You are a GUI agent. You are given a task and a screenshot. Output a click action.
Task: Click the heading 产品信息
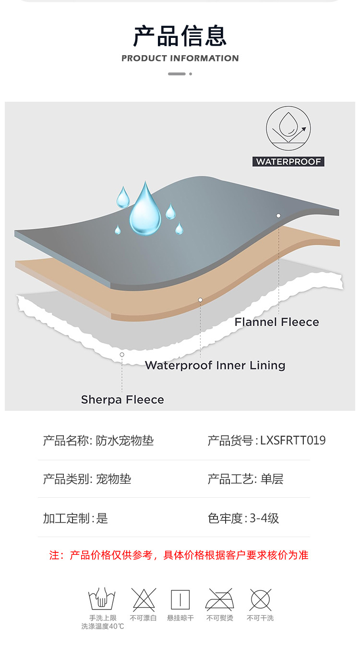coord(180,36)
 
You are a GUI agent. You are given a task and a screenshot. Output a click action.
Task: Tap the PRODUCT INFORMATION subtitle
coord(180,59)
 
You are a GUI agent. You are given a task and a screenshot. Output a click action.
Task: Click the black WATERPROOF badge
coord(288,162)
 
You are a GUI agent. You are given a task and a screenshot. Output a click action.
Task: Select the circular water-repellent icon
coord(288,129)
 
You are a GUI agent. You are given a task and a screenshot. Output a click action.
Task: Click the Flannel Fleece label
coord(276,322)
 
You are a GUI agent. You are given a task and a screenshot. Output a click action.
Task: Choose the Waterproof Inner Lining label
coord(215,365)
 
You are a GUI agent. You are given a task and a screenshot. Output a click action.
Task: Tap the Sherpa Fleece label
coord(122,400)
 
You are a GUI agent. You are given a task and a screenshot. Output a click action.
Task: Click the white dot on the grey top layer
coord(278,216)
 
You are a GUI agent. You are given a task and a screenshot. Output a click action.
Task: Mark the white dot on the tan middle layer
coord(200,300)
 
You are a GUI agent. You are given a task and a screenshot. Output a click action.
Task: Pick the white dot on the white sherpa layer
coord(122,355)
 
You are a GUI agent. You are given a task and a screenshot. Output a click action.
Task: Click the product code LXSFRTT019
coord(293,441)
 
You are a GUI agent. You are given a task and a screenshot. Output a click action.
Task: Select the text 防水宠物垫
coord(124,441)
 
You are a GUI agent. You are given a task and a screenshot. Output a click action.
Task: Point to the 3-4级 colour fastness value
coord(264,518)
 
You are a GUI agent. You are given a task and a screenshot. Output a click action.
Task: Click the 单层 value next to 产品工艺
coord(272,479)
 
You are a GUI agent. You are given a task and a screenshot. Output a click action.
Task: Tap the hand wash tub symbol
coord(102,599)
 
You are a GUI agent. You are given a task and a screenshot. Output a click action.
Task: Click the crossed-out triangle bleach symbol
coord(144,599)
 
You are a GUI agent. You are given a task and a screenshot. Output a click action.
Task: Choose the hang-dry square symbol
coord(180,599)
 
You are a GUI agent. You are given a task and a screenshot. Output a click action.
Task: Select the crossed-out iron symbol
coord(219,599)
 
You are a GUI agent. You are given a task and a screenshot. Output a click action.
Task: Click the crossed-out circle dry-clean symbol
coord(260,599)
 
